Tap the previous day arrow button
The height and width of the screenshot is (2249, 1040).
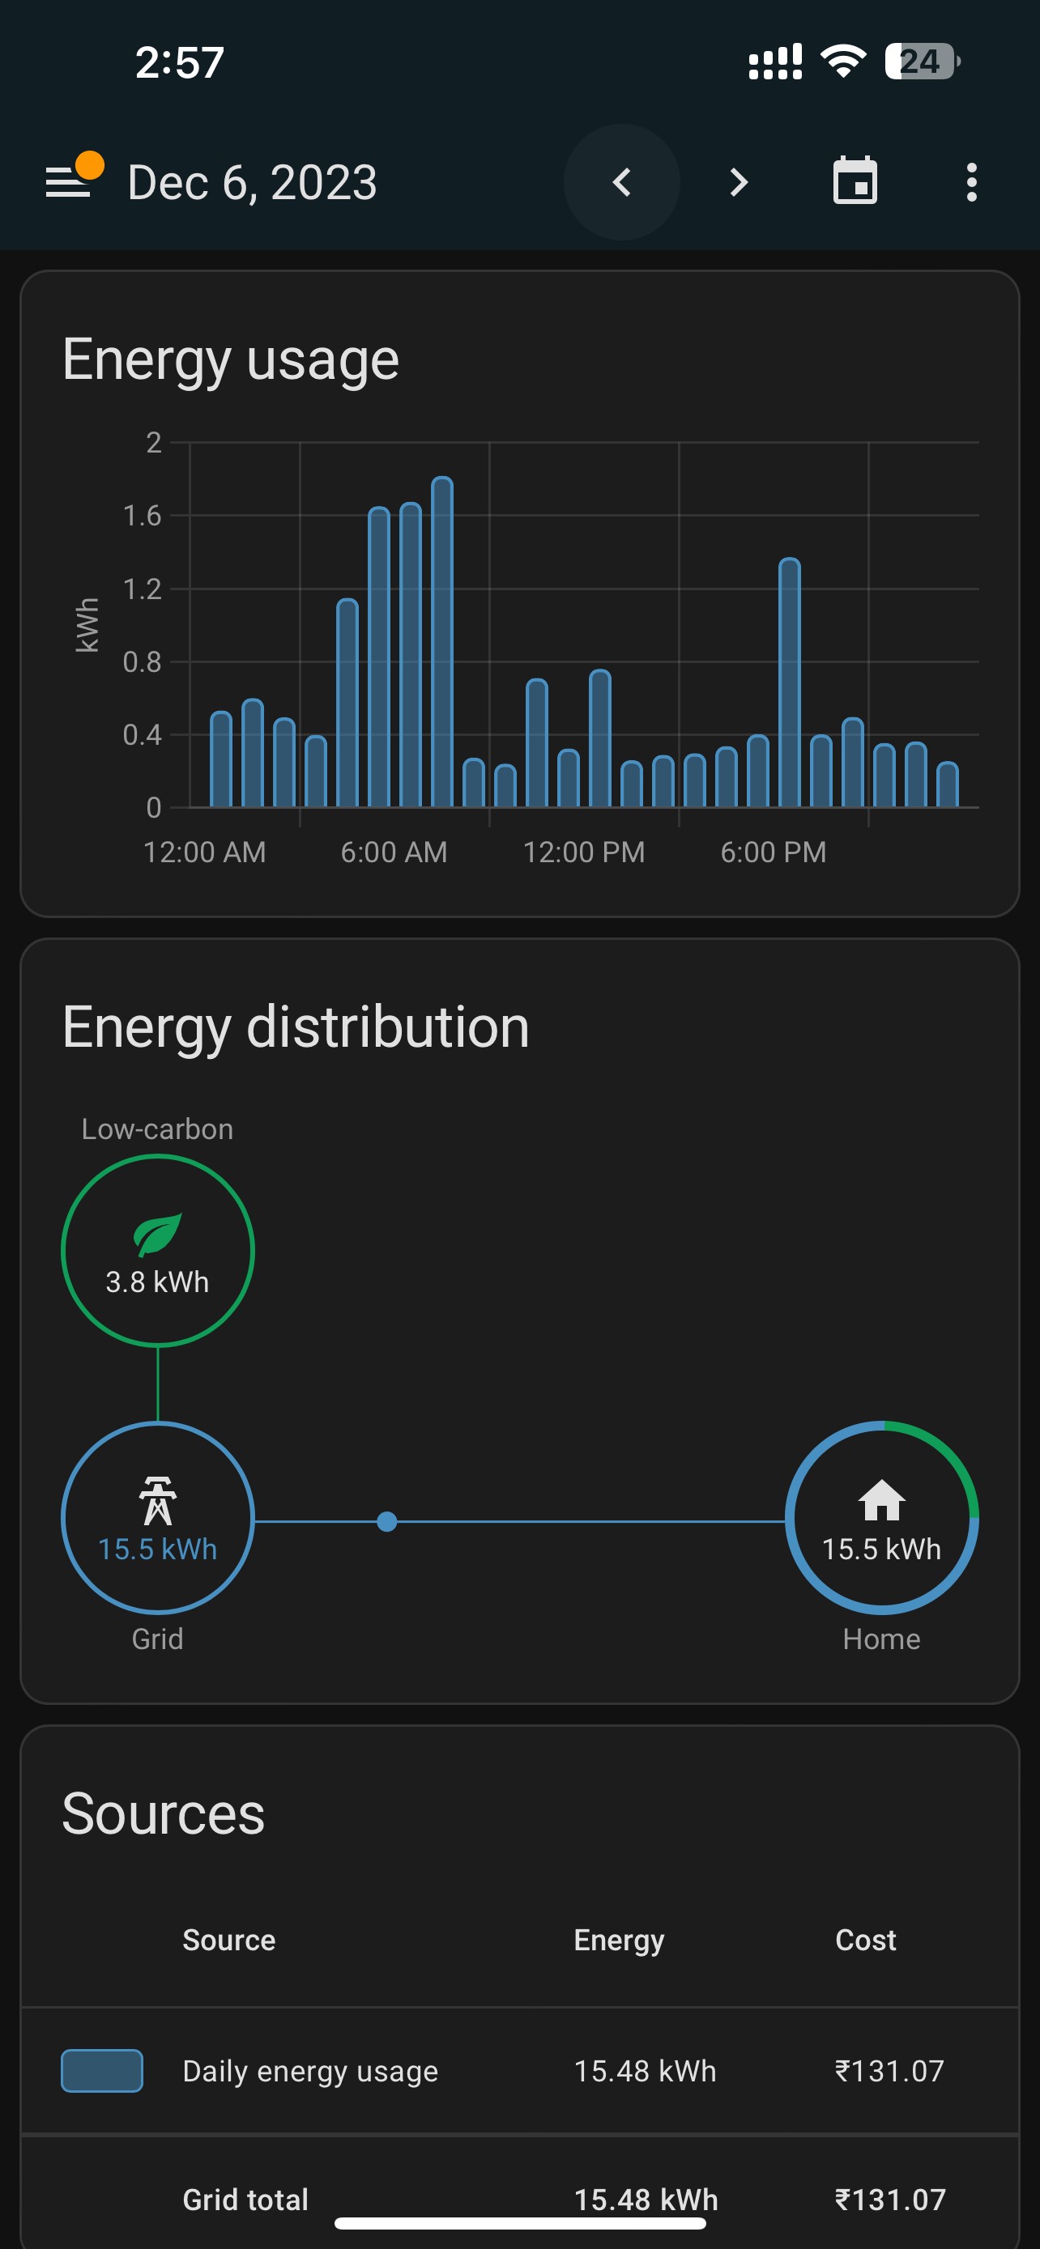(622, 182)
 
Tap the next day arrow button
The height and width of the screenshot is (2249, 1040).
(739, 182)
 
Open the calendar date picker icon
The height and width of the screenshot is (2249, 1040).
(855, 181)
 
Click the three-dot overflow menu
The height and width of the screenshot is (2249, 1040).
(971, 182)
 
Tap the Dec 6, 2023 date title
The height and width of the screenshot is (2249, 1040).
(253, 182)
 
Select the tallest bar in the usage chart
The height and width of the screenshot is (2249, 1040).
(442, 642)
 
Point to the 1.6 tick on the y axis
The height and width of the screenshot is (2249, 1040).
(143, 516)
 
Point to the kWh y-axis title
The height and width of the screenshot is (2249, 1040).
(87, 625)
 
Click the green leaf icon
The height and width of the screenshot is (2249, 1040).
(157, 1235)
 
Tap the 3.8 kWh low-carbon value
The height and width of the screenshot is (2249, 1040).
(157, 1282)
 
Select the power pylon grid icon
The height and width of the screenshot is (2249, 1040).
(157, 1500)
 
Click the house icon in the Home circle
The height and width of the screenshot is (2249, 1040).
(881, 1500)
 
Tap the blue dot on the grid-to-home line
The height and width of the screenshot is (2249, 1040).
(387, 1522)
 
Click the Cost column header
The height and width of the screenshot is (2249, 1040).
(865, 1940)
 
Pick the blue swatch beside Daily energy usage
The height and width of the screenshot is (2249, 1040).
(101, 2071)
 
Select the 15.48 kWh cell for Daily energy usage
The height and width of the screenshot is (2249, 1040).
(645, 2071)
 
